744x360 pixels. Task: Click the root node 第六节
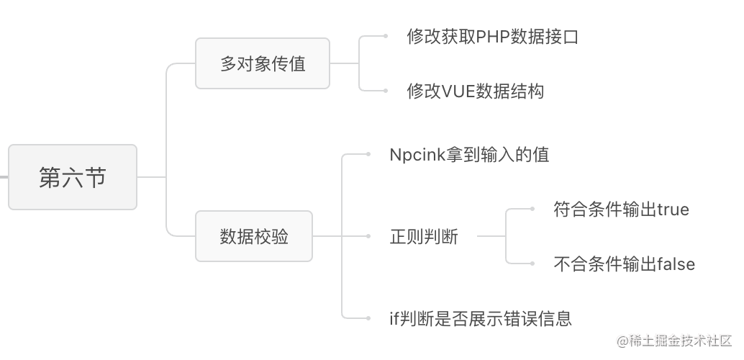(x=73, y=177)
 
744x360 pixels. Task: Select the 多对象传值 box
(x=263, y=63)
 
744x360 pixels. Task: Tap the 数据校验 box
(x=254, y=236)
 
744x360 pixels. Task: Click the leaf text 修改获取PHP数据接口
(x=493, y=37)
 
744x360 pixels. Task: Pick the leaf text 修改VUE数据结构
(x=475, y=91)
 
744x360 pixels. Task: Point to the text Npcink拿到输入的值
(x=469, y=155)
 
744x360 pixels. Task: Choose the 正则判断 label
(x=424, y=236)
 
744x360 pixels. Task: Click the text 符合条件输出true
(x=622, y=210)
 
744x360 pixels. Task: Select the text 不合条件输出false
(x=625, y=264)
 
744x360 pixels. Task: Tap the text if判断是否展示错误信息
(x=480, y=318)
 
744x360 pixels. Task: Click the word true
(x=673, y=210)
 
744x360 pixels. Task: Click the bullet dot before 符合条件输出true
(x=532, y=210)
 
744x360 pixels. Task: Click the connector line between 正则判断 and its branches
(x=491, y=235)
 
